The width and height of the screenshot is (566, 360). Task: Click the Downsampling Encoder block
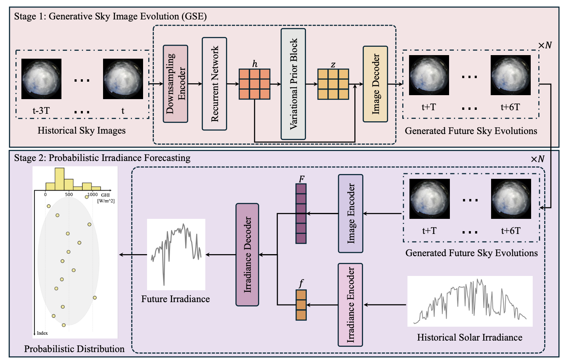pos(175,84)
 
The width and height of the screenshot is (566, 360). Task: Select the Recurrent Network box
pos(214,84)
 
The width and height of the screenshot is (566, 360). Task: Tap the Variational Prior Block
pos(293,84)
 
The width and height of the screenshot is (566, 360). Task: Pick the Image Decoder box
pos(375,84)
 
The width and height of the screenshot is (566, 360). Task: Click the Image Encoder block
pos(350,214)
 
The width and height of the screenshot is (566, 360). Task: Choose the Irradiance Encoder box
pos(350,304)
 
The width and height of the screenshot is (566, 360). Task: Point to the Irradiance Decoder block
pos(247,255)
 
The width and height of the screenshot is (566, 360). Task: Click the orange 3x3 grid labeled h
pos(254,84)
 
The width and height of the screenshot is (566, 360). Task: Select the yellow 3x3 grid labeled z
pos(333,84)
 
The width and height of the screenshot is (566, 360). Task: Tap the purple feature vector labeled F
pos(301,214)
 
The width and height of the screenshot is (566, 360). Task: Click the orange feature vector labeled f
pos(301,305)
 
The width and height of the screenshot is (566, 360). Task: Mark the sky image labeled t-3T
pos(42,79)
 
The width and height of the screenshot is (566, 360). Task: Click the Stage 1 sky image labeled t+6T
pos(511,75)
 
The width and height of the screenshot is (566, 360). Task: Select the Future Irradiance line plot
pos(176,254)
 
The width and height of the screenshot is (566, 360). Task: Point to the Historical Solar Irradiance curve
pos(470,301)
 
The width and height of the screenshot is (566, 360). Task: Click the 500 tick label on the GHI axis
pos(69,194)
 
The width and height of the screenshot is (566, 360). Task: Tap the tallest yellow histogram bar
pos(59,179)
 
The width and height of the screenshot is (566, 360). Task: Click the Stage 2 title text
pos(102,158)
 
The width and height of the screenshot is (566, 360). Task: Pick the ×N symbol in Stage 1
pos(545,45)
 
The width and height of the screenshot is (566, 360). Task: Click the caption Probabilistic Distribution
pos(74,349)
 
